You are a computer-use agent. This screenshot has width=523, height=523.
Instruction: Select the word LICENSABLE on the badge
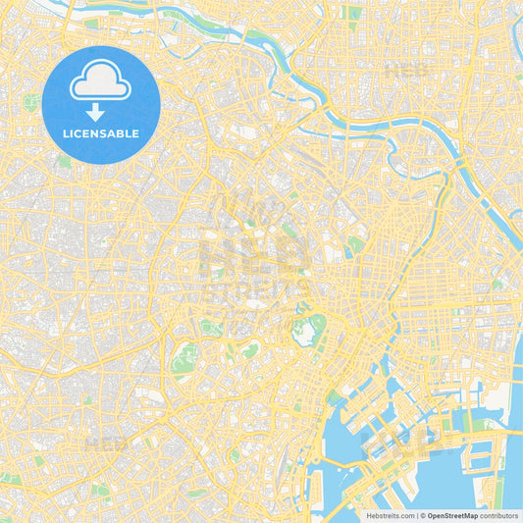[x=102, y=133]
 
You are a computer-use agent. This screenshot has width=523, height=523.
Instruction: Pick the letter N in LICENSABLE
[x=96, y=133]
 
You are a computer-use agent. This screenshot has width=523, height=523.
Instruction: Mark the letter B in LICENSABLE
[x=122, y=133]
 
